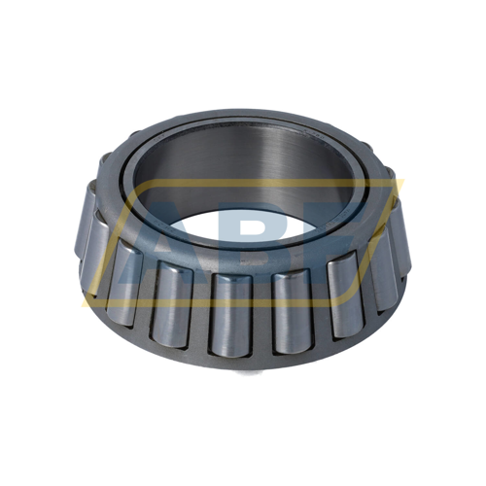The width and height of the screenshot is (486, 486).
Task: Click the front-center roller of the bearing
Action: coord(227,311)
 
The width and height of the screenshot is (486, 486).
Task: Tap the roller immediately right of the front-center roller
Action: coord(288,309)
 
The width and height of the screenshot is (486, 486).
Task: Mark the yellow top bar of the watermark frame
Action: coord(243,185)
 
